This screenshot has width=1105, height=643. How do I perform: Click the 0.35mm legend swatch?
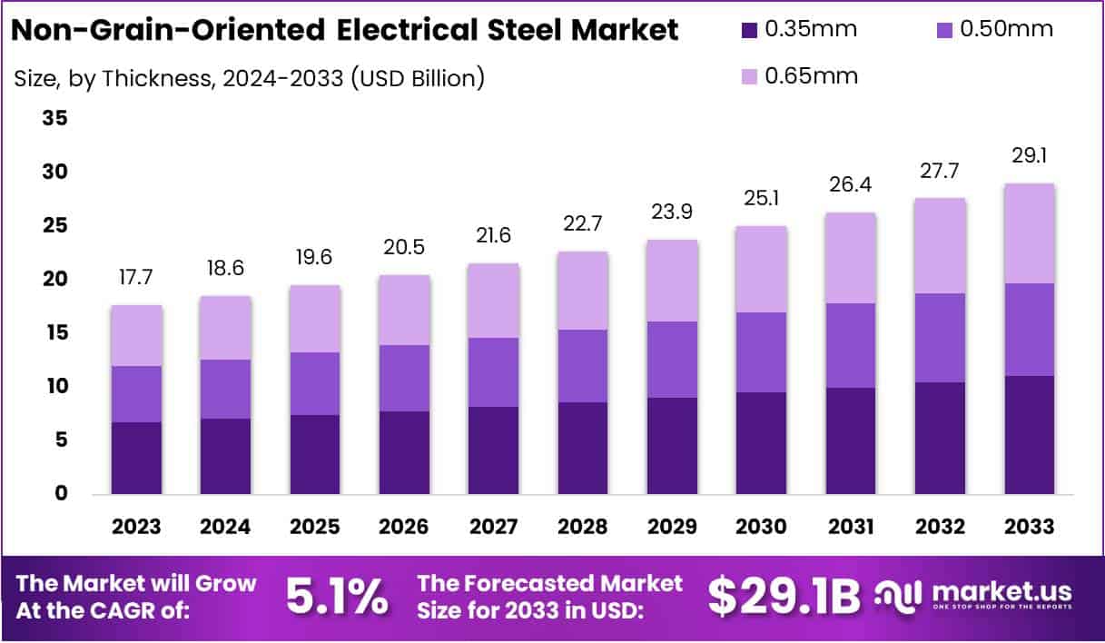[x=749, y=29]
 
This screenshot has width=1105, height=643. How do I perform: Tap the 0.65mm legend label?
[x=811, y=75]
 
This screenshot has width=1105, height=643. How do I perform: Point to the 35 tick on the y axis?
[x=54, y=118]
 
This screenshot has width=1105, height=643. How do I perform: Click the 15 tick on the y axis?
[x=54, y=332]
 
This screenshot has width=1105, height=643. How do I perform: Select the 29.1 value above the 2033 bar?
[x=1029, y=156]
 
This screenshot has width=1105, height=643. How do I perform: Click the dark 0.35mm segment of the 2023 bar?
[x=136, y=458]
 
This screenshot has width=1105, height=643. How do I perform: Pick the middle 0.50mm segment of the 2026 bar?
[x=404, y=378]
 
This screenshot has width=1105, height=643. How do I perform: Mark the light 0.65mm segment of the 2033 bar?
[x=1029, y=233]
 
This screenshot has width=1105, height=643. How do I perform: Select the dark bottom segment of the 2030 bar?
[x=761, y=443]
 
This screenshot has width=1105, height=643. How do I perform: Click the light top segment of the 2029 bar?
[x=672, y=281]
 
